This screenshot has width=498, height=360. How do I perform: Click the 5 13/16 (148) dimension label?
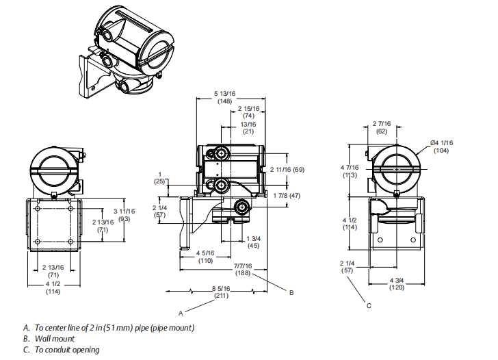pyautogui.click(x=224, y=97)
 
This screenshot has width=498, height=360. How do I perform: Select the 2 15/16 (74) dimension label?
pyautogui.click(x=249, y=112)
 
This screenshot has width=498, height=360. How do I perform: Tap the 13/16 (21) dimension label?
pyautogui.click(x=248, y=128)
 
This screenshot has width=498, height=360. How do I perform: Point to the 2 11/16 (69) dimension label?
pyautogui.click(x=287, y=170)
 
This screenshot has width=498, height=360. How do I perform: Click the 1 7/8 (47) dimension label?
pyautogui.click(x=287, y=196)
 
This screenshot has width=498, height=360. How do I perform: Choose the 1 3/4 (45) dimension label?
pyautogui.click(x=253, y=242)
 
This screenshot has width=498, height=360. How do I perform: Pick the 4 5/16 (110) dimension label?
pyautogui.click(x=205, y=257)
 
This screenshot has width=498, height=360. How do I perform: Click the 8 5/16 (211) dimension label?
pyautogui.click(x=221, y=292)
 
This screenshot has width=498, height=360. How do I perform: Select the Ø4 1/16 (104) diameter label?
pyautogui.click(x=441, y=146)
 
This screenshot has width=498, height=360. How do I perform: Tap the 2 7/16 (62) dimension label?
pyautogui.click(x=382, y=127)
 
